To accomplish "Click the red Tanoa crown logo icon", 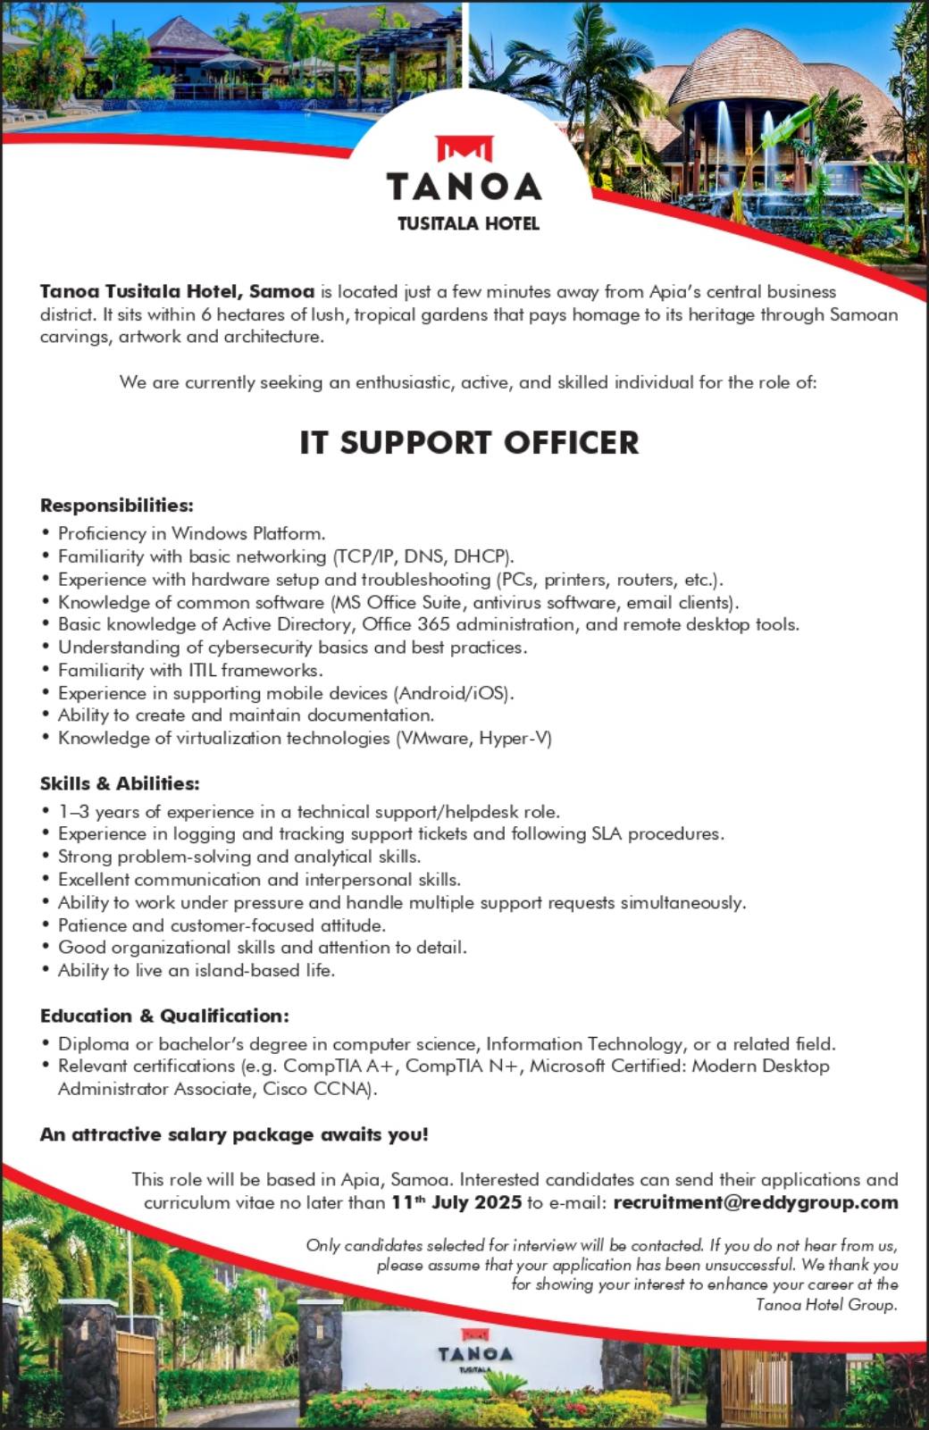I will pos(464,148).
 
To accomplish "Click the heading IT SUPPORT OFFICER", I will pos(469,442).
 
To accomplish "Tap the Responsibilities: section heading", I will pos(117,506).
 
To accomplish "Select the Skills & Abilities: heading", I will pos(120,783).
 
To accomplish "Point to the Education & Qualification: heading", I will pos(164,1016).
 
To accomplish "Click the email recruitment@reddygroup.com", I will pos(756,1202).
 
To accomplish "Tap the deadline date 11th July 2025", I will pos(456,1202).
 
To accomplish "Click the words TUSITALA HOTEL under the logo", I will pos(468,223).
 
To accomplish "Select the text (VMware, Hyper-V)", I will pos(474,738).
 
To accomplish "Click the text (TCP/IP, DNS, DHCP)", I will pos(423,556).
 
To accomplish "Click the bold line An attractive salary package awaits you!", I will pos(234,1134).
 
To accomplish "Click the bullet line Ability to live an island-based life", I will pos(197,970).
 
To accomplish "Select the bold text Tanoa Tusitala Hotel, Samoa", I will pos(177,291).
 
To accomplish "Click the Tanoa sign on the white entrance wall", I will pos(475,1355).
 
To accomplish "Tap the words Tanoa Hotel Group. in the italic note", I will pos(826,1305).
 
